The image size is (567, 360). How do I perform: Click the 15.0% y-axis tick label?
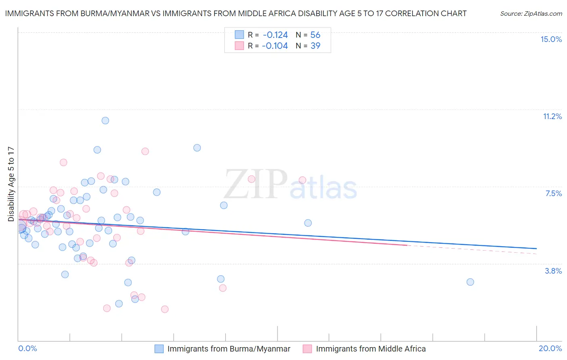(551, 39)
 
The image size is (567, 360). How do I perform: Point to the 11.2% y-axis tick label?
(552, 116)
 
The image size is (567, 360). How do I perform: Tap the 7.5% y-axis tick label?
(553, 193)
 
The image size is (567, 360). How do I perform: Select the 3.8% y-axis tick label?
(553, 271)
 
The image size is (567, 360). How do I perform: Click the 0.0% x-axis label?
(27, 348)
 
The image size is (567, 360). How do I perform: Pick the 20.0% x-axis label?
(550, 348)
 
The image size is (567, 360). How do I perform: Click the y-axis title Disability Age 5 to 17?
(11, 184)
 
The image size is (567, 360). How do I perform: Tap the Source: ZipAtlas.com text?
(531, 13)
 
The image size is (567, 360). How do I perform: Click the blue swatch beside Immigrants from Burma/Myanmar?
(159, 349)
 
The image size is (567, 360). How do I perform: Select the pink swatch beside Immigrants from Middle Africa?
(308, 349)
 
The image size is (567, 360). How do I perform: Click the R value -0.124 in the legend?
(275, 35)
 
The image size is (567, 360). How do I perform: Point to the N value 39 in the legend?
(315, 46)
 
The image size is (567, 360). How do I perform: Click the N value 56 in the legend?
(315, 35)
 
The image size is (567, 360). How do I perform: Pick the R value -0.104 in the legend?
(275, 46)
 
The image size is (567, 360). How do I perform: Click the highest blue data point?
(105, 120)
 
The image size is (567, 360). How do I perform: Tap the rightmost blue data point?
(470, 282)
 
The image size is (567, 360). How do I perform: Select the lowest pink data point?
(165, 309)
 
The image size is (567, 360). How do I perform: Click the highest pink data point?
(145, 151)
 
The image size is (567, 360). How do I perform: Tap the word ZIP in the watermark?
(256, 184)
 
